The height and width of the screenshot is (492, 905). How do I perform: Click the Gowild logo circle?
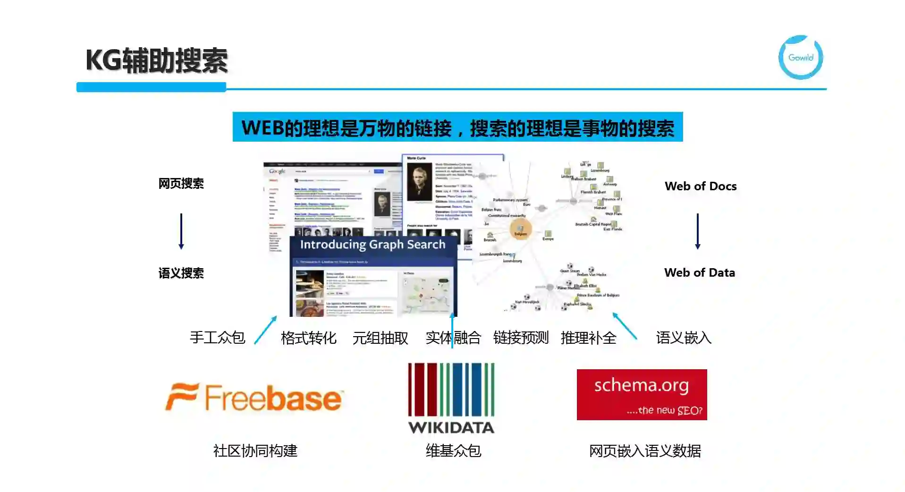click(800, 58)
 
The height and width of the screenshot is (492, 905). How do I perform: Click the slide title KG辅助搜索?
click(156, 61)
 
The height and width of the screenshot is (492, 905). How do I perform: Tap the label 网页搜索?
click(181, 184)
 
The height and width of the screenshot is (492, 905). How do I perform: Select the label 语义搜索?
click(181, 273)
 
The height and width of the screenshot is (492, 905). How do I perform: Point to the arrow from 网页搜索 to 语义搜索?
click(181, 231)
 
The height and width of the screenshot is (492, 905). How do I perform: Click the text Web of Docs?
click(700, 187)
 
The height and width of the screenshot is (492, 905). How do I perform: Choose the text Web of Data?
click(699, 273)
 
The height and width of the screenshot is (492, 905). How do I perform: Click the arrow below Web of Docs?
click(697, 231)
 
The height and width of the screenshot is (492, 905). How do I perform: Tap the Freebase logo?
click(254, 398)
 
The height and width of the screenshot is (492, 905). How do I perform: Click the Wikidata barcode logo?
click(451, 398)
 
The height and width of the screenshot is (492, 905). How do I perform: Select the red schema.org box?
click(641, 395)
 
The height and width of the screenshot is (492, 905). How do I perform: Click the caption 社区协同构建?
click(255, 451)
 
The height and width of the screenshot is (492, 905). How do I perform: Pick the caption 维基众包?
click(453, 451)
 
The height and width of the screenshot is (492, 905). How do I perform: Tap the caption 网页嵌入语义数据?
click(644, 451)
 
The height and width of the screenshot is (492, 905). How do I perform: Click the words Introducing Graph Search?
click(372, 245)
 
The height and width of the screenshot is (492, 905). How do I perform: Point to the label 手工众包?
click(217, 338)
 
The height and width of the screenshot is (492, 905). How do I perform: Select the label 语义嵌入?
click(683, 338)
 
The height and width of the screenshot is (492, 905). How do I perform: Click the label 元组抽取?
click(380, 338)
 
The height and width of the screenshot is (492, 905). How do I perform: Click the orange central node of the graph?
click(521, 230)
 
